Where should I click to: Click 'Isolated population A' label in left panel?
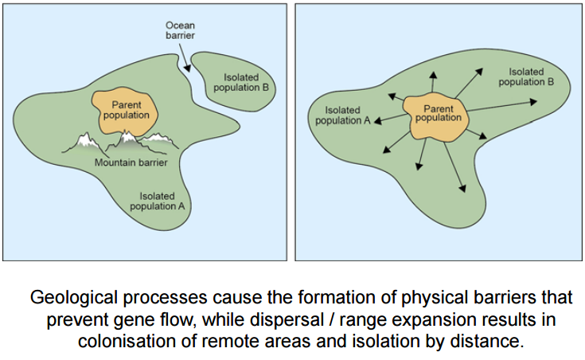coord(162,200)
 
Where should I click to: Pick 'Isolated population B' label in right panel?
coord(526,76)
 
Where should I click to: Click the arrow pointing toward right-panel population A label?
coord(380,121)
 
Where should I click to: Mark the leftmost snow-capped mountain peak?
coord(87,141)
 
